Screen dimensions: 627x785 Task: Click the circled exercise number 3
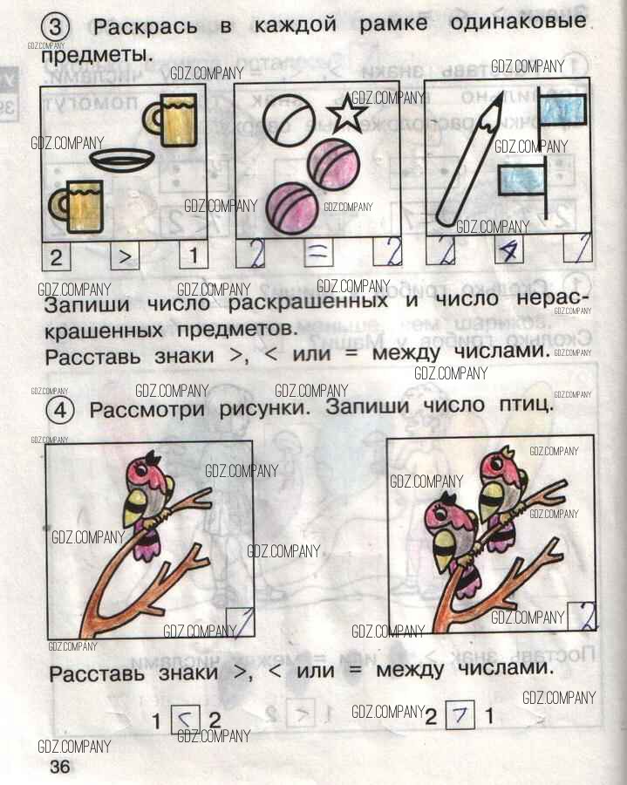(x=56, y=26)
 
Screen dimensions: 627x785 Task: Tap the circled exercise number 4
(x=60, y=410)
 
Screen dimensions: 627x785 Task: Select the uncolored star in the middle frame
(x=347, y=113)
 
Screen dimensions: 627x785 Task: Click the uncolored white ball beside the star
(x=289, y=119)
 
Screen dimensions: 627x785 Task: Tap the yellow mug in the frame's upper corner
(x=170, y=120)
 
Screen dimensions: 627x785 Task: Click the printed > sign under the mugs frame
(x=125, y=256)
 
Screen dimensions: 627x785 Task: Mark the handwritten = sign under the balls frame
(x=317, y=252)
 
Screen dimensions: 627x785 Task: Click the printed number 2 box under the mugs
(x=56, y=257)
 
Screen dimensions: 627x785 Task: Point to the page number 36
(x=60, y=767)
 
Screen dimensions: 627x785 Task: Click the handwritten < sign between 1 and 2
(x=186, y=720)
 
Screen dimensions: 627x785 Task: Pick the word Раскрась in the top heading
(x=145, y=27)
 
